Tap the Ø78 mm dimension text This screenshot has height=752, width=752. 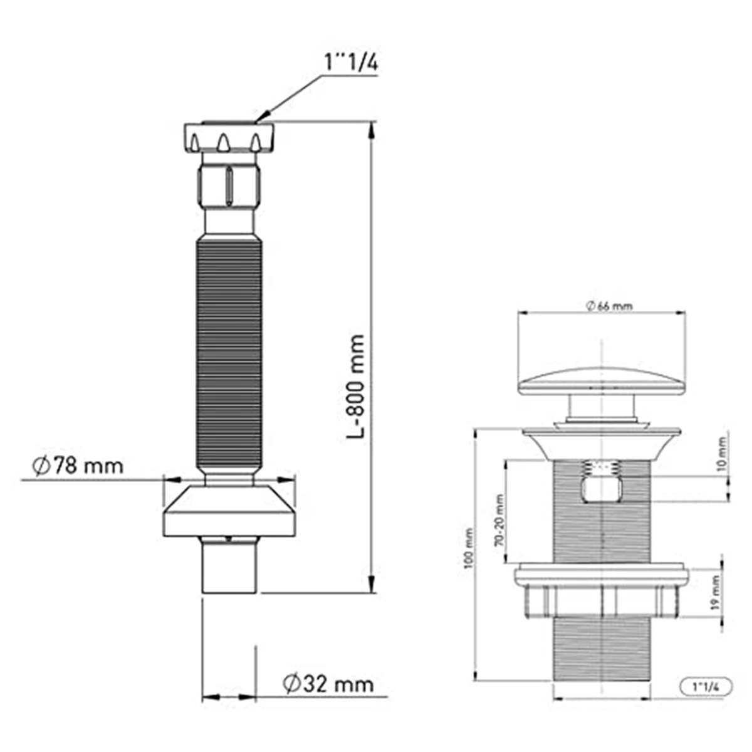click(78, 466)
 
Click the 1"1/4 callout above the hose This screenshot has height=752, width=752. click(351, 61)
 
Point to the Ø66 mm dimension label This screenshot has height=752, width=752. click(603, 306)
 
